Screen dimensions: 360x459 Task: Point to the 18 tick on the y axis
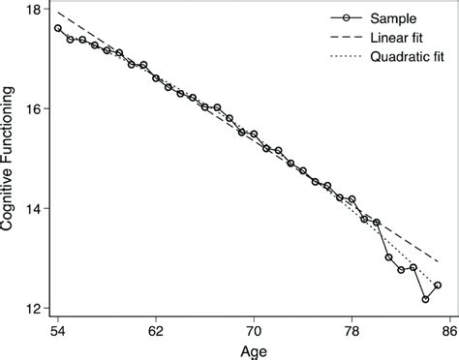pyautogui.click(x=35, y=9)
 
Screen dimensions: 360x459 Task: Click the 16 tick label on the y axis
pyautogui.click(x=35, y=108)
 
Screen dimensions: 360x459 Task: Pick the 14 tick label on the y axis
pyautogui.click(x=35, y=208)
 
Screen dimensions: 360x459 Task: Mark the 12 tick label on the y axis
pyautogui.click(x=35, y=308)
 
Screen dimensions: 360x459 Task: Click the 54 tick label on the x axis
pyautogui.click(x=58, y=330)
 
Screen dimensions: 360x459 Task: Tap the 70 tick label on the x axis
pyautogui.click(x=254, y=330)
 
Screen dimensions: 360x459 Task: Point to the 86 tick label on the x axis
pyautogui.click(x=448, y=330)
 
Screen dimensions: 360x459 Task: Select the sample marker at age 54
pyautogui.click(x=58, y=28)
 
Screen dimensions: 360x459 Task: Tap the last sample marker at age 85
pyautogui.click(x=438, y=285)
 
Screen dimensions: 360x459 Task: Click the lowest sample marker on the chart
pyautogui.click(x=425, y=300)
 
